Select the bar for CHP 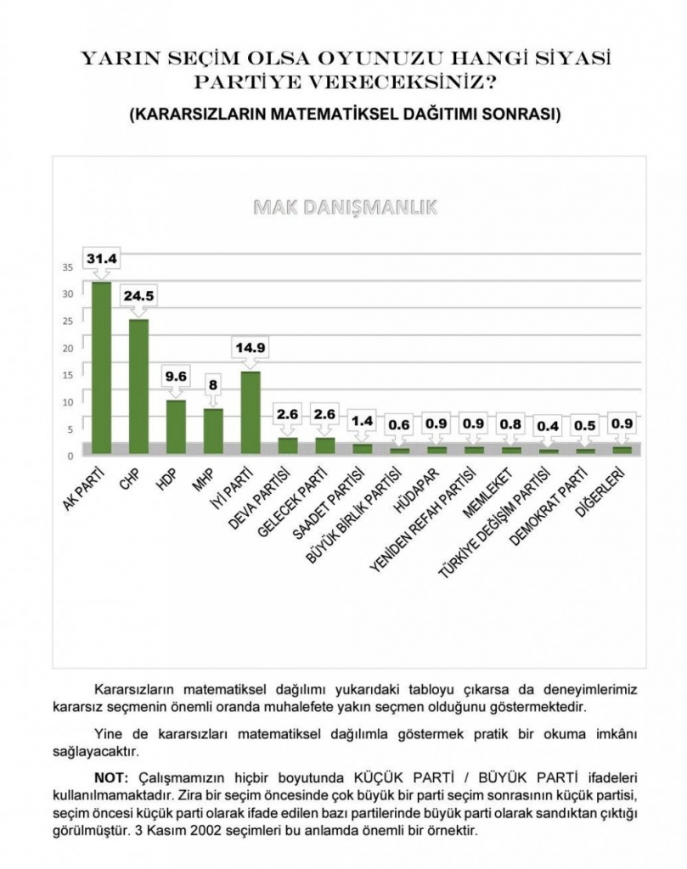click(139, 386)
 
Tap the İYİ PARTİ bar click(250, 412)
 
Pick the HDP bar click(176, 427)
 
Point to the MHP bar click(213, 431)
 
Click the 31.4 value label click(101, 256)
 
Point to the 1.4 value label click(362, 419)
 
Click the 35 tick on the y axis click(68, 266)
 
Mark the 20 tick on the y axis click(68, 347)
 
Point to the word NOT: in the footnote click(110, 776)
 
